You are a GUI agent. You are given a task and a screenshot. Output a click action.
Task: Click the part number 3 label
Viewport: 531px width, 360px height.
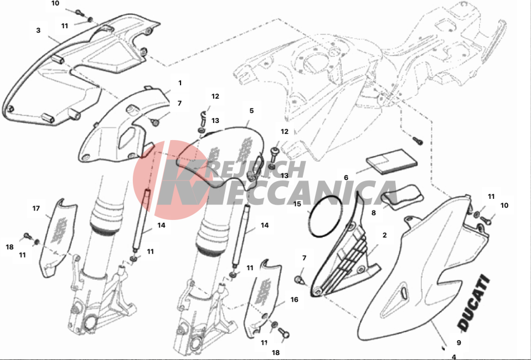[38, 30]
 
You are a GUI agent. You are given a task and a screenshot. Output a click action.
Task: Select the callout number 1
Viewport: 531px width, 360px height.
[180, 83]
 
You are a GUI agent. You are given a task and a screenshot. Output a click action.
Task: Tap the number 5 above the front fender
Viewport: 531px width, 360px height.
[251, 111]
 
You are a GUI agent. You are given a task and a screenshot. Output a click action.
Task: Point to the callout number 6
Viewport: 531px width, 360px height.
[346, 177]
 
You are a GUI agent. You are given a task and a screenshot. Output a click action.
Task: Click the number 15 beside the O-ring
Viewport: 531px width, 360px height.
[297, 204]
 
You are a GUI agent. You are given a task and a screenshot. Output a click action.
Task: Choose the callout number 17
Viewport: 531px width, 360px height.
[36, 209]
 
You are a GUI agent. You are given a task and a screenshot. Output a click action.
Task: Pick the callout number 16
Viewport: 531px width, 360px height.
[294, 300]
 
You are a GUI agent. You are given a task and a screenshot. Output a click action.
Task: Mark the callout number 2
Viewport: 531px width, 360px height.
[384, 235]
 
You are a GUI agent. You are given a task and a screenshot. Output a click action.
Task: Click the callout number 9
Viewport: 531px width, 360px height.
[459, 342]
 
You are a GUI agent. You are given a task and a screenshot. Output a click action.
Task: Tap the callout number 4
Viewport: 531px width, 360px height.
[454, 357]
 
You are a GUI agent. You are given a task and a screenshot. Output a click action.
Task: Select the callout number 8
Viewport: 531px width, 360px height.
[374, 213]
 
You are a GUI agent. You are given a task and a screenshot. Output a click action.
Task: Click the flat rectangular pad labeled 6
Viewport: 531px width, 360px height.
[391, 162]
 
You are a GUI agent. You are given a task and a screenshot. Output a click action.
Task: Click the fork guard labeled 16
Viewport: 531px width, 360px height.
[262, 298]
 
